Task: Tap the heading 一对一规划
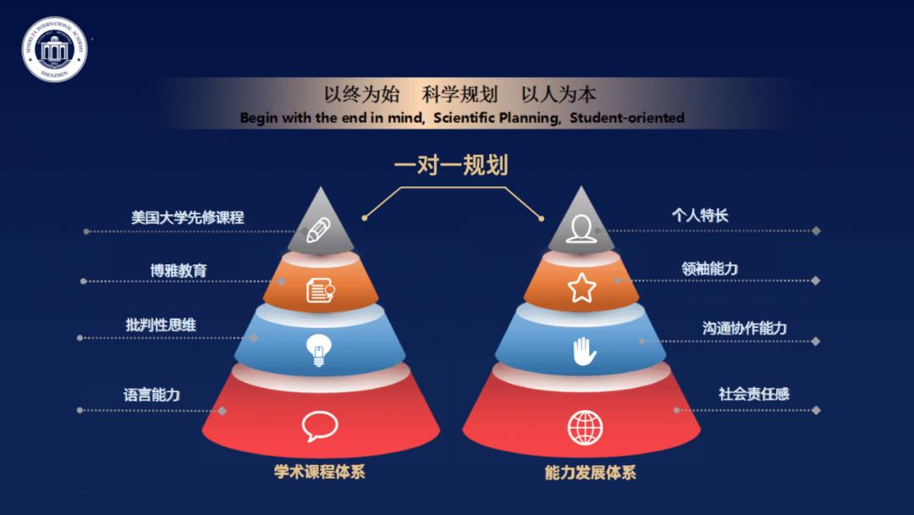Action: (x=451, y=164)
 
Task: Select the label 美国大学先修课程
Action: (x=187, y=217)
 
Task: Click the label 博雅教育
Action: (x=179, y=271)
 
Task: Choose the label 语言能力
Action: (x=151, y=395)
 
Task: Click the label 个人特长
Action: (x=699, y=214)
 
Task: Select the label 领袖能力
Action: (x=709, y=269)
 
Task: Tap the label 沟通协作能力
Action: (x=744, y=328)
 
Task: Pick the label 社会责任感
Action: (x=754, y=394)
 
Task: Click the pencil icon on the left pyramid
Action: (x=319, y=230)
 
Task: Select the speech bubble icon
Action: (x=319, y=426)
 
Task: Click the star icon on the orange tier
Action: (x=581, y=289)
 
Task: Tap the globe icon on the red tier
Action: (x=585, y=426)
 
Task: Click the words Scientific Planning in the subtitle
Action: (x=498, y=119)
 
